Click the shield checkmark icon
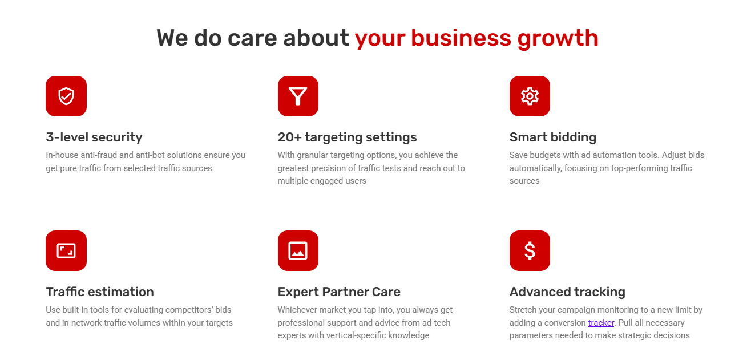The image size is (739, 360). [x=66, y=96]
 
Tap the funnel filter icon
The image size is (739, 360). [x=298, y=96]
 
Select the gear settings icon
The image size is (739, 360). [x=530, y=96]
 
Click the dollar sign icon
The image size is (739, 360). [x=530, y=251]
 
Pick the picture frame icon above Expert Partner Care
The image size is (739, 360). [x=298, y=251]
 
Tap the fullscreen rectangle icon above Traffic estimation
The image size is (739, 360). [x=66, y=251]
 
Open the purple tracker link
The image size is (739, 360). [x=601, y=323]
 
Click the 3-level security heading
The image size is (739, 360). [x=94, y=137]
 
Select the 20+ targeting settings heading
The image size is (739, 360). [x=347, y=137]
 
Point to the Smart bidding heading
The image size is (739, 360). [x=552, y=137]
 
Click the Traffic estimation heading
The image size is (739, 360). [x=100, y=292]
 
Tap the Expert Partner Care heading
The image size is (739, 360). [x=339, y=292]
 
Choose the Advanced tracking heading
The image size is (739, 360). [x=567, y=292]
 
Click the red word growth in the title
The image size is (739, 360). [x=558, y=39]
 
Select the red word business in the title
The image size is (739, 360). [x=461, y=38]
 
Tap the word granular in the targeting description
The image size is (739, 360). [x=312, y=155]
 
